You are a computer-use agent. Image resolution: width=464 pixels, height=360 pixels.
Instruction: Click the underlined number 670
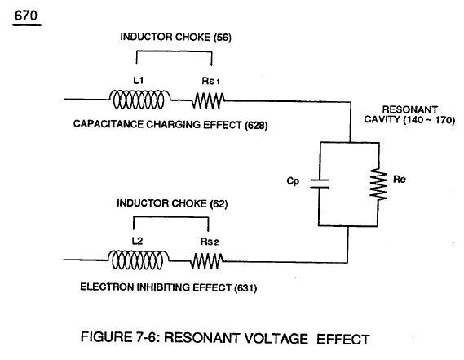[x=26, y=16]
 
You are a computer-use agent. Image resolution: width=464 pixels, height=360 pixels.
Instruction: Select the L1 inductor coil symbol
[x=139, y=100]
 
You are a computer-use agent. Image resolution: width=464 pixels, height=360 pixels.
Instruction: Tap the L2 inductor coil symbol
[x=138, y=260]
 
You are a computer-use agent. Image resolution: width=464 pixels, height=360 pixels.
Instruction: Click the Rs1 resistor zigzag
[x=208, y=100]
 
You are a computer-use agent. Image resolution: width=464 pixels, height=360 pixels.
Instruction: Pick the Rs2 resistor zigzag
[x=207, y=261]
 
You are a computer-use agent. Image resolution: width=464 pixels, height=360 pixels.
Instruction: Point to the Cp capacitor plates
[x=320, y=184]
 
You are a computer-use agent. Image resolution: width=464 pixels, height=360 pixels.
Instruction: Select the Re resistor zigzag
[x=378, y=184]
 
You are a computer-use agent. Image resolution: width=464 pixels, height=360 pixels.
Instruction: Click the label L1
[x=139, y=80]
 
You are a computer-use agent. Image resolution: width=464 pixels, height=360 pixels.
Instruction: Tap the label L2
[x=137, y=241]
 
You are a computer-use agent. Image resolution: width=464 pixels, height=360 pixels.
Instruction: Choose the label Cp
[x=293, y=181]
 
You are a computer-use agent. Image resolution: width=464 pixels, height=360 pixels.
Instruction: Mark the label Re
[x=400, y=180]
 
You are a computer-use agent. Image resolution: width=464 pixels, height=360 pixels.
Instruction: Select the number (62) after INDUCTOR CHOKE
[x=219, y=204]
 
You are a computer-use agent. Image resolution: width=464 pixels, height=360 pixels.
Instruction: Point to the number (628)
[x=256, y=126]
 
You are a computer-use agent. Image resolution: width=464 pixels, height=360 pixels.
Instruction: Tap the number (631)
[x=245, y=287]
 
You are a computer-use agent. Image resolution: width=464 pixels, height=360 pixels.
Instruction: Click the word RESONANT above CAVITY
[x=410, y=109]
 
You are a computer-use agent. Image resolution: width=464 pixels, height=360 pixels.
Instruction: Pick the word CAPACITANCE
[x=108, y=124]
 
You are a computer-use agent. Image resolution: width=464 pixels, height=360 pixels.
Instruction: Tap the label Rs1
[x=210, y=81]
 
